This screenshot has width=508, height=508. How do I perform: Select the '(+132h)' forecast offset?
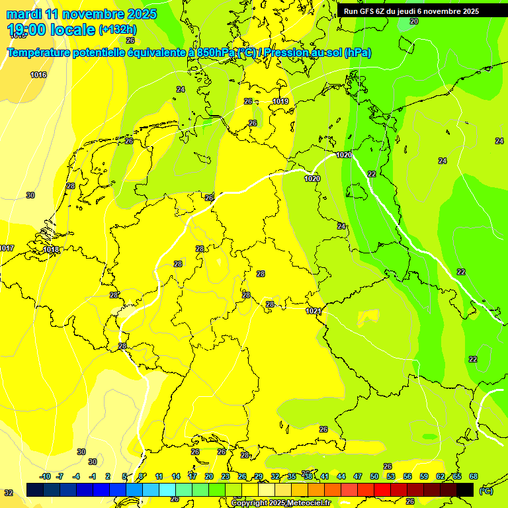(x=118, y=29)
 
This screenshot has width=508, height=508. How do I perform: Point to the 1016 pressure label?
(x=38, y=75)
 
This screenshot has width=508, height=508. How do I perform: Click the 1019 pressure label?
(x=280, y=101)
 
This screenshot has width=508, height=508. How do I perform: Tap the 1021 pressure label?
(x=314, y=311)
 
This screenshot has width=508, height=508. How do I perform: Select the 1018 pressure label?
(x=51, y=249)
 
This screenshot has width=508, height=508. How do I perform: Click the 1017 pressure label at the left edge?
(x=7, y=248)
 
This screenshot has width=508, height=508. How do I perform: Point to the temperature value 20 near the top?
(x=414, y=21)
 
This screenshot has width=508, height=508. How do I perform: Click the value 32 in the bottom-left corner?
(x=8, y=493)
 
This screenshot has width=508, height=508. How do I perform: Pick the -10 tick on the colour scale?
(x=45, y=476)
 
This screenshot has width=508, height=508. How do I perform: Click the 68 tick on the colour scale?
(x=474, y=476)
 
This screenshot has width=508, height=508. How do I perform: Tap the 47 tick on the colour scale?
(x=358, y=476)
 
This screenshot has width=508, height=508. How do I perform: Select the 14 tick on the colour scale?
(x=176, y=476)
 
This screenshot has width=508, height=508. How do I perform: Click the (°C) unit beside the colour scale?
(x=486, y=491)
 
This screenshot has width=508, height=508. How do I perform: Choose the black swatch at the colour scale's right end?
(x=465, y=489)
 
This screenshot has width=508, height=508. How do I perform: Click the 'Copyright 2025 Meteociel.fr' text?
(x=280, y=503)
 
